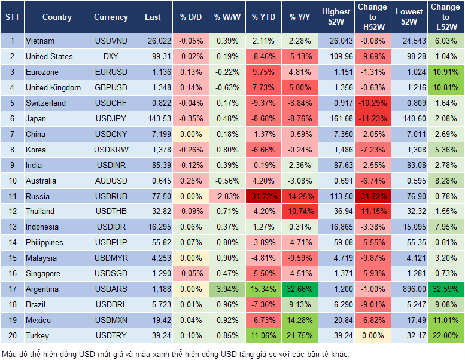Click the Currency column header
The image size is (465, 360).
111,17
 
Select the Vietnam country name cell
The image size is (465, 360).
40,41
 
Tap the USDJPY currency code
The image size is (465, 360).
111,118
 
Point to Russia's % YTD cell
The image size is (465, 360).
263,196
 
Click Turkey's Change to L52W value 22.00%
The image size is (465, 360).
445,335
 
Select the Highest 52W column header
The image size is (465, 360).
336,17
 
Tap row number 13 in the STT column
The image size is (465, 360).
11,227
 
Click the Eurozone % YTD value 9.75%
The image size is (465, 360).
263,72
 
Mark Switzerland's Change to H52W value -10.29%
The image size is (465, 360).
372,103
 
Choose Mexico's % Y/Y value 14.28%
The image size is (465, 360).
300,320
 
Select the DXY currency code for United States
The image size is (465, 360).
111,57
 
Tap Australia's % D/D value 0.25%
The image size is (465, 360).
190,181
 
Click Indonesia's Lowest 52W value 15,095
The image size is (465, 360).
408,227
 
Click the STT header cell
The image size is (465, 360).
11,17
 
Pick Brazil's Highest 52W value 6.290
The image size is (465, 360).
336,304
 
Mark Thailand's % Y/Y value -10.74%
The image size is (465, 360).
300,212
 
